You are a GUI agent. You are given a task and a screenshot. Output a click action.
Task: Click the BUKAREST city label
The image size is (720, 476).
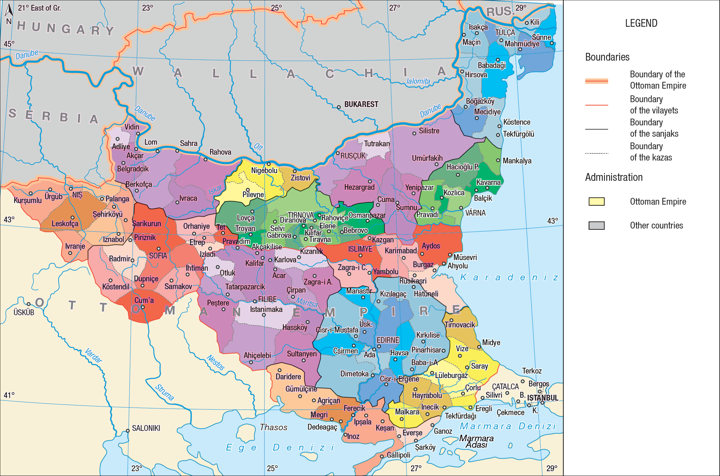[361, 104]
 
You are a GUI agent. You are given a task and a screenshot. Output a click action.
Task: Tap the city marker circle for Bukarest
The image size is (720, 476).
[339, 107]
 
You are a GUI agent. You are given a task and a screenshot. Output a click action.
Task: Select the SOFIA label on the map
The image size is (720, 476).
[158, 256]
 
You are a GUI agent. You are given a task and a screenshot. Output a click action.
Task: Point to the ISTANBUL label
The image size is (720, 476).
[542, 398]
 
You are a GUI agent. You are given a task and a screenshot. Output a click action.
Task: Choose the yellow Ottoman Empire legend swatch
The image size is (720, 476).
[596, 201]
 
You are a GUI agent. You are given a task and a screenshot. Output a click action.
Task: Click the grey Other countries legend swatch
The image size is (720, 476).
[596, 225]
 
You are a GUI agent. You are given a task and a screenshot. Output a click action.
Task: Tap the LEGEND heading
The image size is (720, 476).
[641, 23]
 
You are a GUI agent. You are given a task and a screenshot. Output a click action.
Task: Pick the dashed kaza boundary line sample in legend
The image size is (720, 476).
[596, 153]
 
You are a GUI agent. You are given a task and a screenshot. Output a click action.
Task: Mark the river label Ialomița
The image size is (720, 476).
[418, 81]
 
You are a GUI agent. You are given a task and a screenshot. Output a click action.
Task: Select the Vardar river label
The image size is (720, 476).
[93, 355]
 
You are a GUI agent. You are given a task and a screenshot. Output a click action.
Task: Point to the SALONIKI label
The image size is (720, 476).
[146, 428]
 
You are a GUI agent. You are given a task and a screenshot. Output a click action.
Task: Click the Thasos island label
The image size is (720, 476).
[274, 427]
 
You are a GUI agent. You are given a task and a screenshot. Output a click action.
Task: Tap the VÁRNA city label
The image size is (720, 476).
[475, 213]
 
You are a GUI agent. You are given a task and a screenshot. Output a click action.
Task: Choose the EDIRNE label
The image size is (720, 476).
[388, 340]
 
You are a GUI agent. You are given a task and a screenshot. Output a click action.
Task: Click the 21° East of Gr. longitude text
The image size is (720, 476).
[39, 8]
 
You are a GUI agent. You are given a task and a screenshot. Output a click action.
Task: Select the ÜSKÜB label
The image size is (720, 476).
[24, 312]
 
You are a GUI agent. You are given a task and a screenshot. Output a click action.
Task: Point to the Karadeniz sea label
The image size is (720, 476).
[509, 277]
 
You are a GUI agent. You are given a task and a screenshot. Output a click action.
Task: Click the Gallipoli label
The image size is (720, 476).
[398, 455]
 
